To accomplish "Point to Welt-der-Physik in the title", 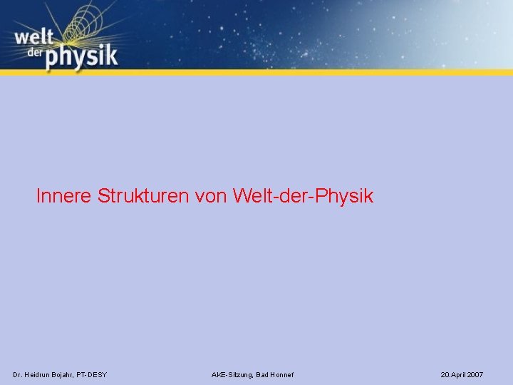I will pos(302,196).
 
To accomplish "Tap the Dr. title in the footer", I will pos(18,374).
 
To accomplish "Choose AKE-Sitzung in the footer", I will pos(232,374).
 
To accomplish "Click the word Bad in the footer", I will pos(261,374).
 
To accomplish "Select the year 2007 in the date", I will pos(475,374).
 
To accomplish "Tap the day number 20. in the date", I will pos(445,374).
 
